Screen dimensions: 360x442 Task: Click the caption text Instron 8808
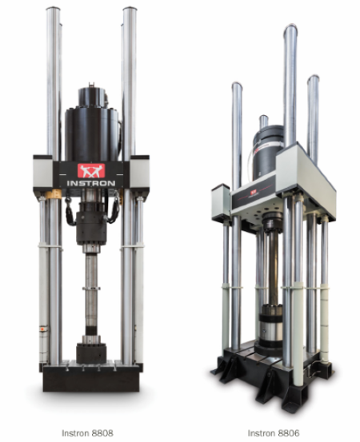pyautogui.click(x=87, y=433)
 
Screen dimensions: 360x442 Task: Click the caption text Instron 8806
pyautogui.click(x=274, y=433)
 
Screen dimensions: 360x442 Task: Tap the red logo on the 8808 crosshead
pyautogui.click(x=91, y=171)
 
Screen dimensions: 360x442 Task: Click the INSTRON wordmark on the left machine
pyautogui.click(x=91, y=183)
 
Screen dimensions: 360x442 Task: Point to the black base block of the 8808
pyautogui.click(x=91, y=378)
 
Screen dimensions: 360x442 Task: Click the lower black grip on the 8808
pyautogui.click(x=91, y=353)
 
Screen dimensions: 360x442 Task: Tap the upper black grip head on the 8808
pyautogui.click(x=91, y=224)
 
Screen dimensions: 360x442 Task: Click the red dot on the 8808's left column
pyautogui.click(x=42, y=329)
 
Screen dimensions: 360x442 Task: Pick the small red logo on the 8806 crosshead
pyautogui.click(x=254, y=193)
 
